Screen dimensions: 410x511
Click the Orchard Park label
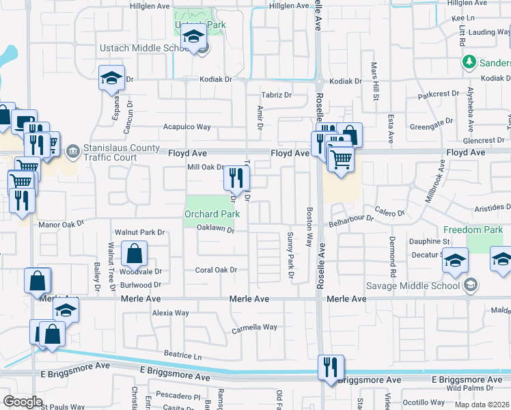pyautogui.click(x=212, y=214)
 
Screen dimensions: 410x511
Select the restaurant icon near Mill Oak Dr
pyautogui.click(x=237, y=178)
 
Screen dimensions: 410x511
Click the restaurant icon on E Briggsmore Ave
pyautogui.click(x=331, y=368)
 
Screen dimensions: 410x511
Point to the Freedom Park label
pyautogui.click(x=473, y=230)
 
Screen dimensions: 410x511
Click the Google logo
pyautogui.click(x=23, y=401)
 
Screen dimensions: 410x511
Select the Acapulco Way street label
pyautogui.click(x=187, y=126)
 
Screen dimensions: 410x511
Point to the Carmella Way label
pyautogui.click(x=254, y=327)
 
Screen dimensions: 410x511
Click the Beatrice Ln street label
pyautogui.click(x=183, y=356)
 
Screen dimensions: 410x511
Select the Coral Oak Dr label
pyautogui.click(x=216, y=270)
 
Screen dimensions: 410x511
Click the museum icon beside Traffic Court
pyautogui.click(x=73, y=150)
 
